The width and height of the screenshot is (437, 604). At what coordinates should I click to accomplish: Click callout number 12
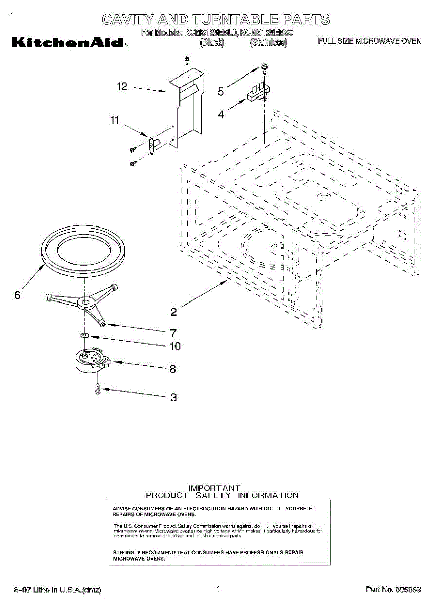pos(122,87)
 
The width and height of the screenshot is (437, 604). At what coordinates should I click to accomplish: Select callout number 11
pos(115,120)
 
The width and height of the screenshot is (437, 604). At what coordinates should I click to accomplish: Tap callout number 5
pos(221,91)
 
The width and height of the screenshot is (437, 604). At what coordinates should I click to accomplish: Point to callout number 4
pos(221,114)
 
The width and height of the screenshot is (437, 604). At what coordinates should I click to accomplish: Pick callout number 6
pos(17,295)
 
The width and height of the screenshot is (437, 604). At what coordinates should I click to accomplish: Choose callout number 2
pos(173,312)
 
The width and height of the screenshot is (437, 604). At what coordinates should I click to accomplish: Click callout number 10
pos(174,346)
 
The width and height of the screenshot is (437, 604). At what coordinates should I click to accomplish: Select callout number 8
pos(173,369)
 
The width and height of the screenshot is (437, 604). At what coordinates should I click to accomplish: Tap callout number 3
pos(173,397)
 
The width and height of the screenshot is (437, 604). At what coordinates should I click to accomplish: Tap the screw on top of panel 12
pos(186,61)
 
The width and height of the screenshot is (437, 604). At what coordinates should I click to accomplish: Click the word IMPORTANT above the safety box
pos(214,488)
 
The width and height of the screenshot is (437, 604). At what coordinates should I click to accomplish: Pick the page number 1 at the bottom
pos(218,589)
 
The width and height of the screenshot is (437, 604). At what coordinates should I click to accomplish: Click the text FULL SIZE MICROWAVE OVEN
pos(369,41)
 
